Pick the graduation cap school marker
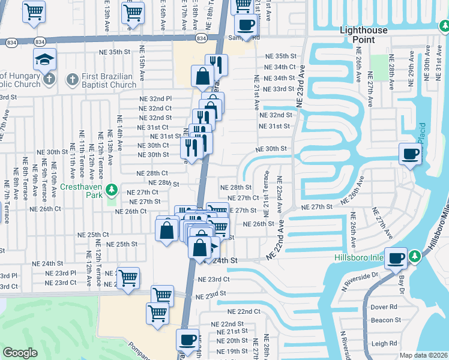(x=45, y=60)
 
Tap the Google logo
(x=20, y=353)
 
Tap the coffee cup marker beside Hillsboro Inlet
(x=396, y=259)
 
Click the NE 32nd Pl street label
(x=155, y=98)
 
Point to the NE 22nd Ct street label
(x=244, y=311)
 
